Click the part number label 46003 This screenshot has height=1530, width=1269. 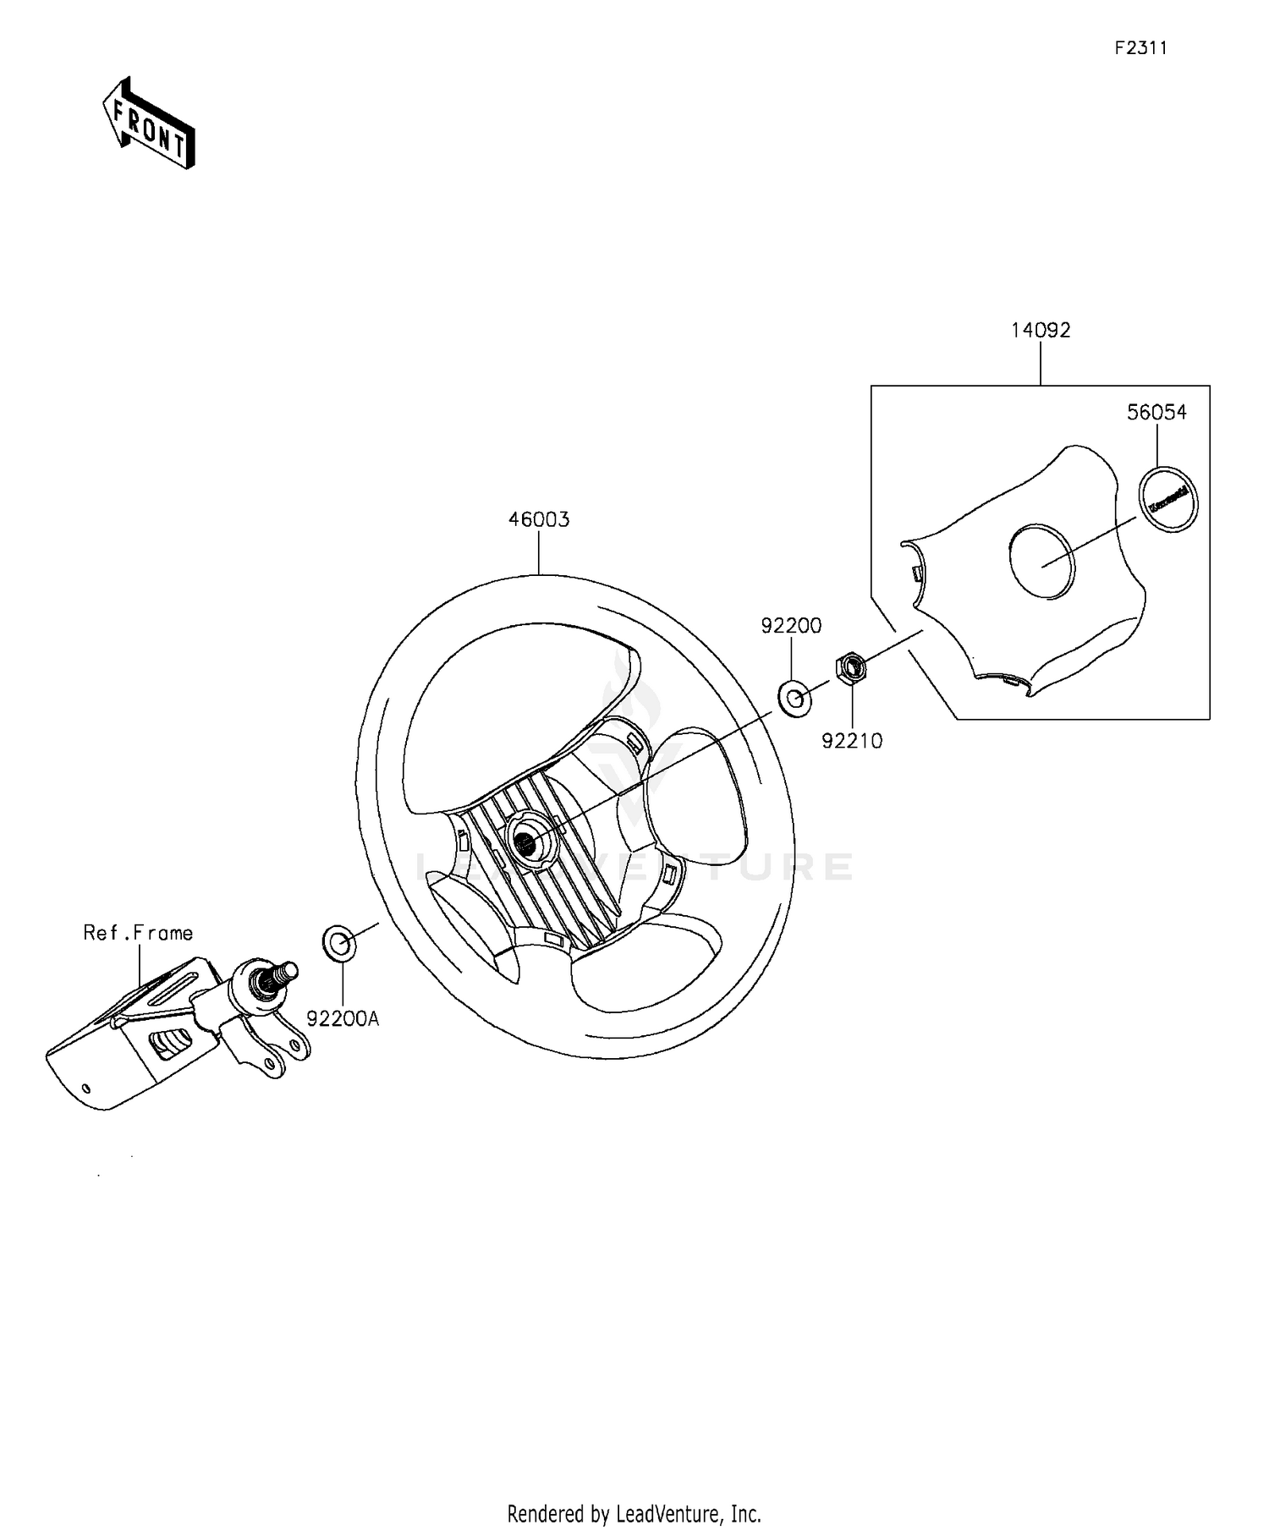(x=539, y=520)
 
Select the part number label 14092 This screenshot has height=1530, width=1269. (x=1041, y=331)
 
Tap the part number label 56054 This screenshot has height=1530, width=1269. (x=1156, y=413)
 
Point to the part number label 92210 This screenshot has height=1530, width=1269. (x=852, y=742)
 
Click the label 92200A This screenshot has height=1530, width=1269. (x=343, y=1019)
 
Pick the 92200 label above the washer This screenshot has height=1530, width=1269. (x=791, y=626)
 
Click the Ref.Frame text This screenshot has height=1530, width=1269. (x=138, y=933)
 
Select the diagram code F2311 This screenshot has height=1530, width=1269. (x=1140, y=48)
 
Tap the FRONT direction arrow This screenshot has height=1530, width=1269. (x=149, y=124)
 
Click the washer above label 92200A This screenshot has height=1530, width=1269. (x=338, y=942)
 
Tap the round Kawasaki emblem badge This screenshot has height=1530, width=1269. (x=1168, y=499)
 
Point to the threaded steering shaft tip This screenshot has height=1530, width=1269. (x=288, y=969)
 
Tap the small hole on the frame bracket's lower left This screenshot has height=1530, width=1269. (x=85, y=1088)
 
